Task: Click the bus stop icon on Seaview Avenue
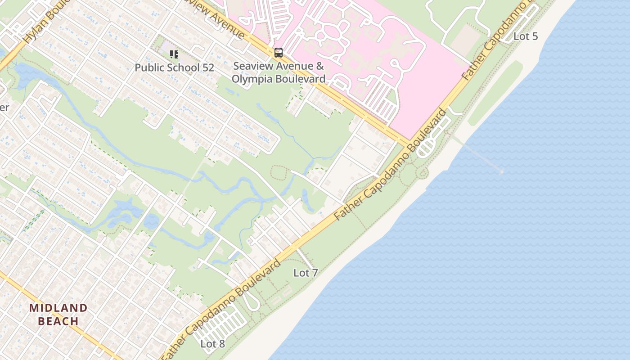279,53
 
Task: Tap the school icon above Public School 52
174,54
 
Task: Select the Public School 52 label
174,68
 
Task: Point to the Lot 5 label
526,36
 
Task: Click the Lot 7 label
306,273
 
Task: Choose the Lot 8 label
212,344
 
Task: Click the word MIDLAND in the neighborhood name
58,308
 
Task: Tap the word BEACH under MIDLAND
58,321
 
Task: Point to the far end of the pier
501,171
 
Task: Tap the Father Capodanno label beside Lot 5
495,43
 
